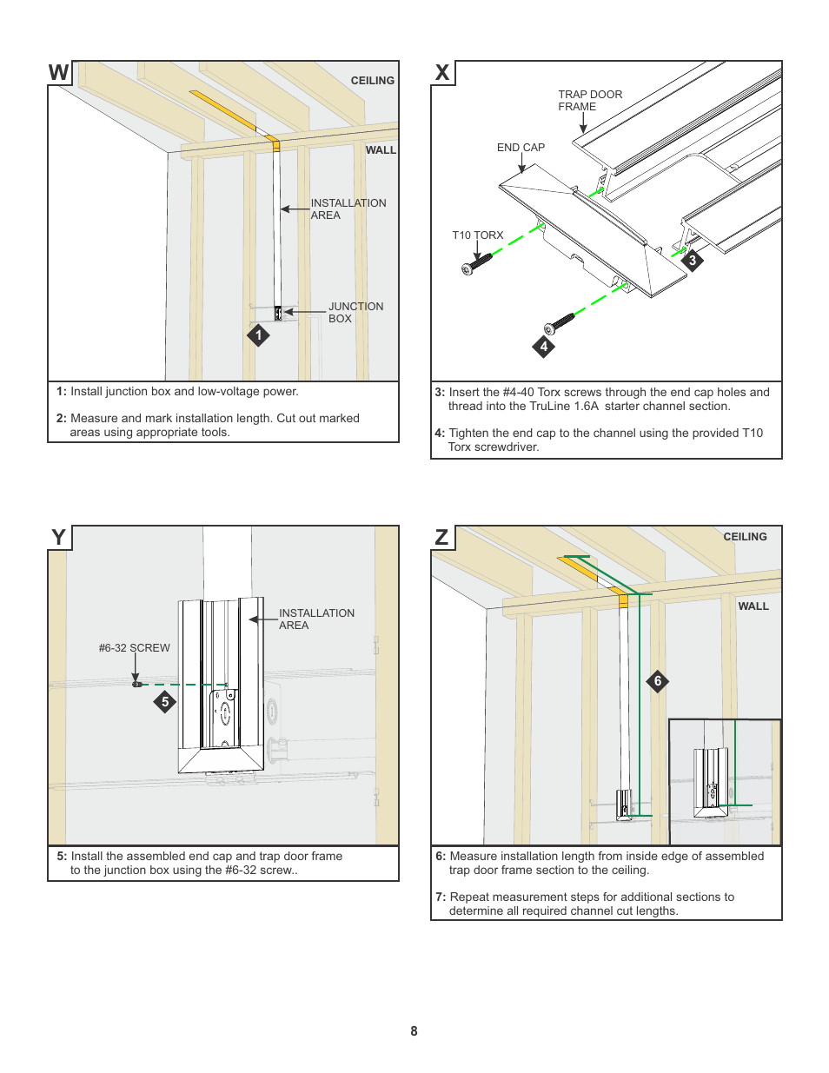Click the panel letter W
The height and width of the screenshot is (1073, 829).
[58, 73]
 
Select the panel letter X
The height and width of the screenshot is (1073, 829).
[442, 73]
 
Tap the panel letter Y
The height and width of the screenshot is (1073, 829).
[58, 538]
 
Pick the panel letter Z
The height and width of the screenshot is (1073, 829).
[441, 538]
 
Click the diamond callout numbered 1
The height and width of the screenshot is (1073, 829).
[258, 335]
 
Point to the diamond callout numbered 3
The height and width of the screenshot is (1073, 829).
[693, 261]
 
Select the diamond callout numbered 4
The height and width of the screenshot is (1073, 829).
[544, 347]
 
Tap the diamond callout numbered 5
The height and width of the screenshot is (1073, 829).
[165, 702]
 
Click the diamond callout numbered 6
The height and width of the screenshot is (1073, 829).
[658, 681]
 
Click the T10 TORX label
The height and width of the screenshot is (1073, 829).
[477, 235]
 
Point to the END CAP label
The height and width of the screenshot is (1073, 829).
[521, 148]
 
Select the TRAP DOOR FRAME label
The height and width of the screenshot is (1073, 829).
[589, 101]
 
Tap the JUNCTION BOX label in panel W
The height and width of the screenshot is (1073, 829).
[355, 313]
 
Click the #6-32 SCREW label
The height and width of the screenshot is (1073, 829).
[134, 648]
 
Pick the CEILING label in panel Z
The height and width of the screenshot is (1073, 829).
[745, 537]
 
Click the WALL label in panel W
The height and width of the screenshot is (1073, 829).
[380, 150]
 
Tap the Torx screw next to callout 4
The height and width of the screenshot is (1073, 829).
[559, 323]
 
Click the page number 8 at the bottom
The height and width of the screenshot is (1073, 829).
[414, 1031]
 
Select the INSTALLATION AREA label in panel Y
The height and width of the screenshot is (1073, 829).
[316, 619]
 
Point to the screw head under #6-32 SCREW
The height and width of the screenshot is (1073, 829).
[136, 685]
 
